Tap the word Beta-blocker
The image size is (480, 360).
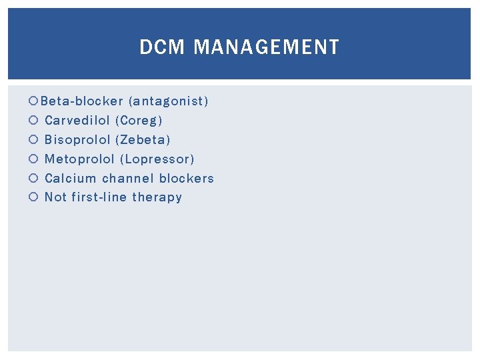82,101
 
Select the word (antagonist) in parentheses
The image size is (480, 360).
169,101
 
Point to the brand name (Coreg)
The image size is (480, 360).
139,121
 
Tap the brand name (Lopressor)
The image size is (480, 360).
157,159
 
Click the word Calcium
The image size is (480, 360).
70,178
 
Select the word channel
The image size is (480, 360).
126,178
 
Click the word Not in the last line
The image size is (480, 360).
55,197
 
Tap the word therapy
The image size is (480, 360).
157,197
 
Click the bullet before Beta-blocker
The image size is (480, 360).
34,102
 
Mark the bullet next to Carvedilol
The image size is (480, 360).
34,121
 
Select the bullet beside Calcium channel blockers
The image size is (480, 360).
34,179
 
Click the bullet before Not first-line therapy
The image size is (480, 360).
34,198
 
